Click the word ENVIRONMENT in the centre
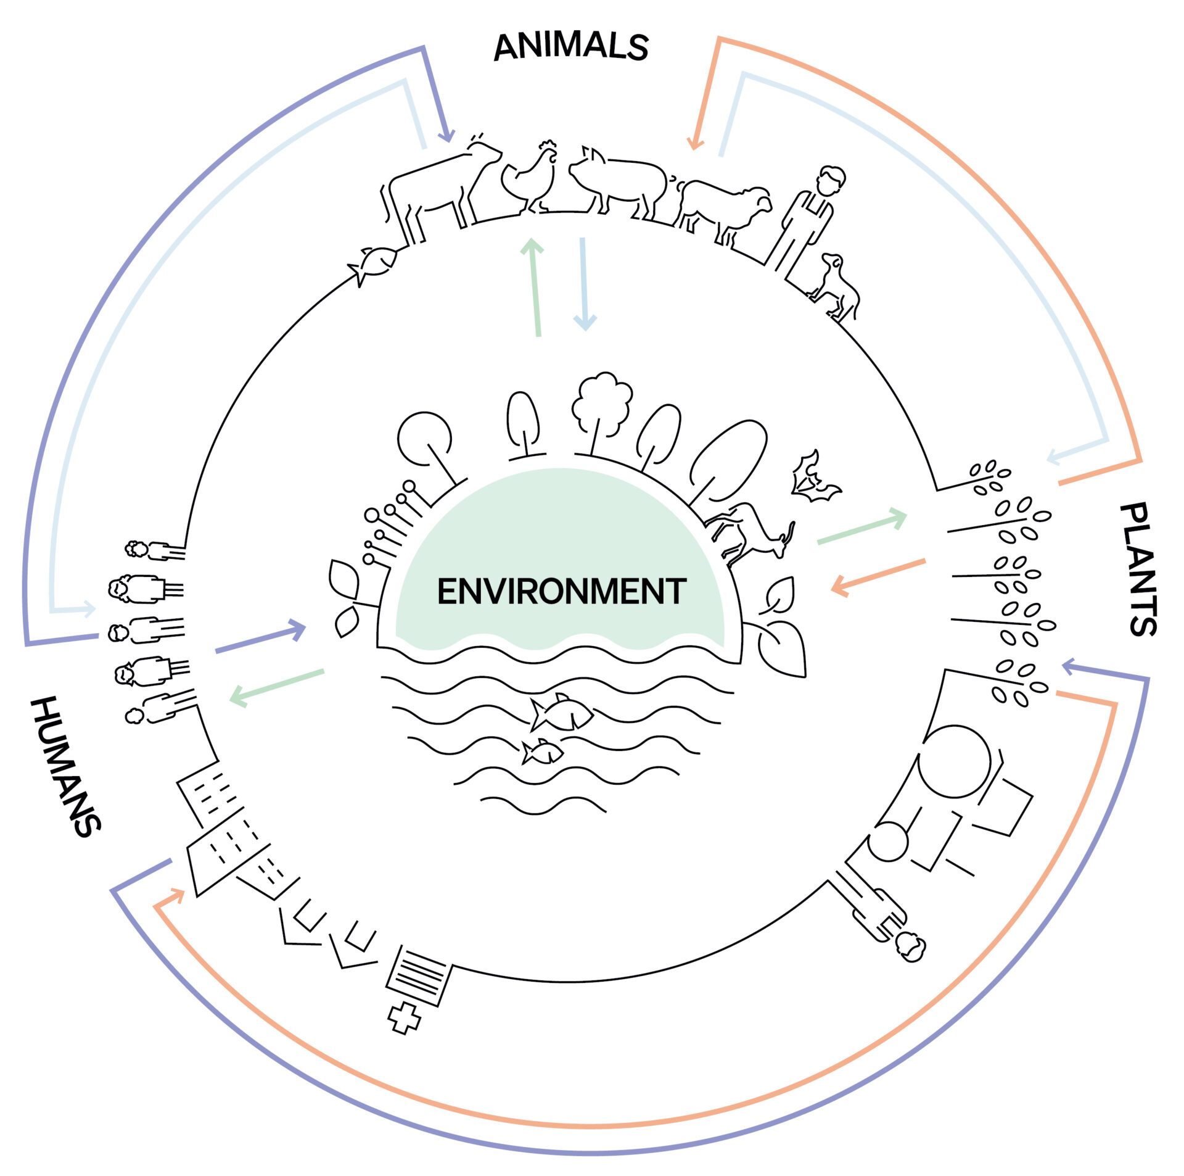(x=561, y=591)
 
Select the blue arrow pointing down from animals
(x=583, y=284)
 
